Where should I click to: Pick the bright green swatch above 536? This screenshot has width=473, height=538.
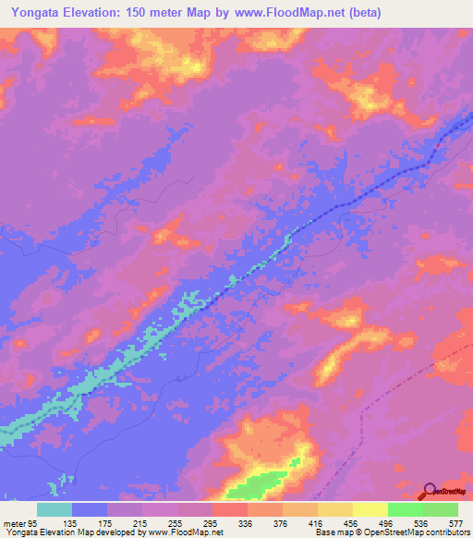pyautogui.click(x=405, y=509)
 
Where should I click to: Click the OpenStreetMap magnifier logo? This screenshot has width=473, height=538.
pyautogui.click(x=429, y=491)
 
